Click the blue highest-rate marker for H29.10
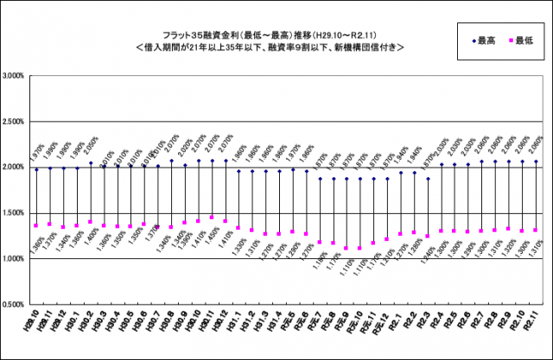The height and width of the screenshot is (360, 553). (36, 169)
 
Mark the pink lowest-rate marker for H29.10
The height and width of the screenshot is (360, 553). (36, 225)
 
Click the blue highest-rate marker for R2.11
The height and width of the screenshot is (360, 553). (537, 161)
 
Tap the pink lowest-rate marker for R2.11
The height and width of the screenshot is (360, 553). (537, 231)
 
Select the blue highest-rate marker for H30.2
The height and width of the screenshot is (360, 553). (90, 162)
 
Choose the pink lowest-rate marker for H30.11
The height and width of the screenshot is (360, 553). (212, 218)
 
